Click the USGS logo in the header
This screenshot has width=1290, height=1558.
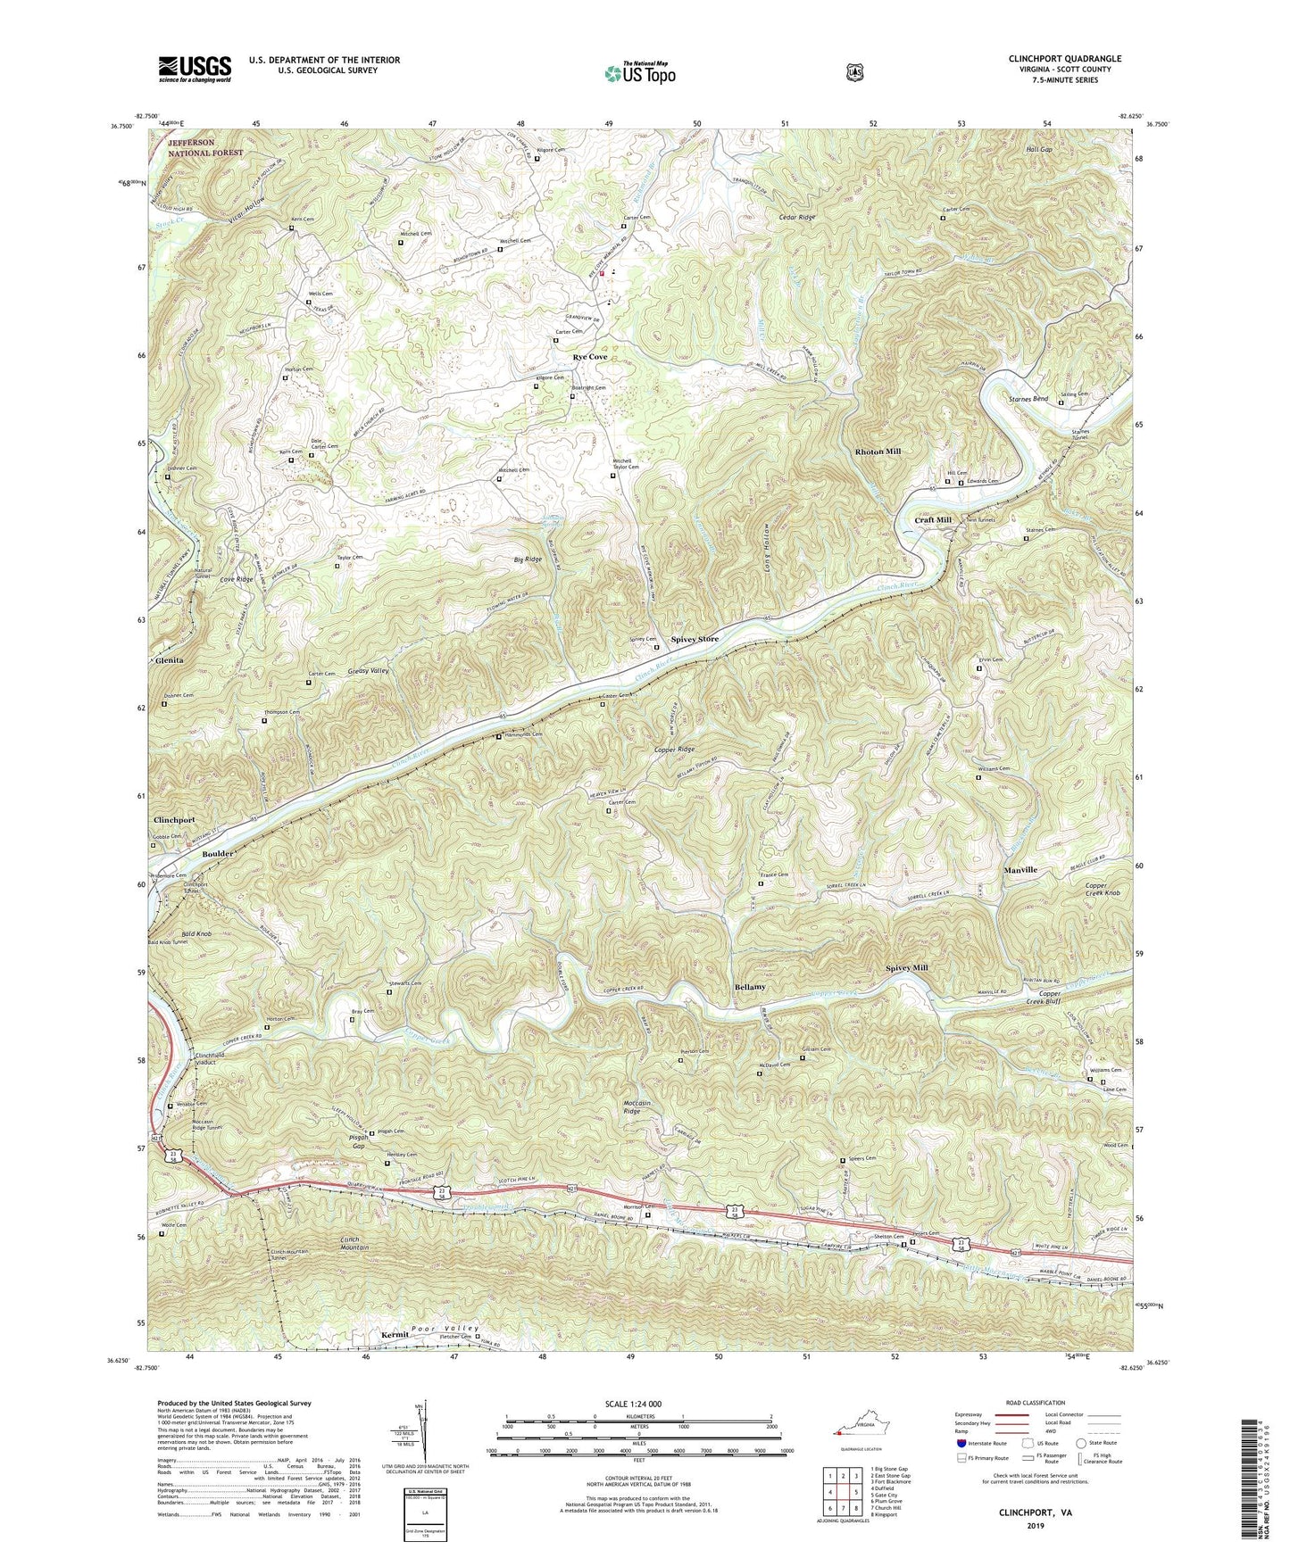(195, 68)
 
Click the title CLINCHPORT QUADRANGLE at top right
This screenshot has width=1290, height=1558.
(1064, 59)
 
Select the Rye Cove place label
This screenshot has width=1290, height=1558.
(589, 357)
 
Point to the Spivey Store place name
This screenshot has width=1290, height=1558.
(694, 640)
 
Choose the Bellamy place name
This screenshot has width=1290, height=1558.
(750, 988)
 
